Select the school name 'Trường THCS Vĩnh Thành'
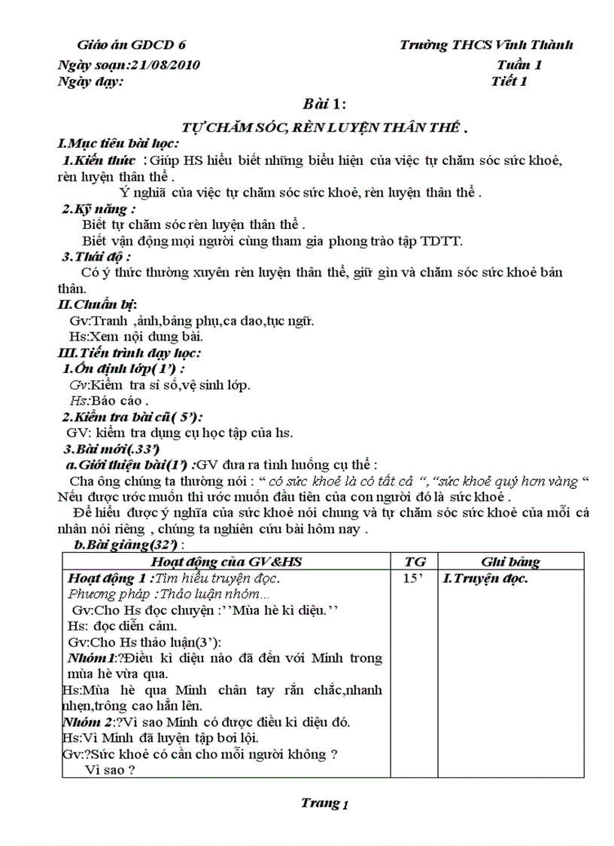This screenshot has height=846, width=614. click(x=486, y=45)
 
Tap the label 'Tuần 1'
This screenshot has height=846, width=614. click(x=519, y=65)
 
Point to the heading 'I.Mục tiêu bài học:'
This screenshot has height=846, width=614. click(x=118, y=144)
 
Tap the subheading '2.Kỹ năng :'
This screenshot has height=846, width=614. click(x=99, y=209)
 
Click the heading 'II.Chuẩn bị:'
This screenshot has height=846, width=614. click(x=97, y=304)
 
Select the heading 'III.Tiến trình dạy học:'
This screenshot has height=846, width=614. click(x=129, y=352)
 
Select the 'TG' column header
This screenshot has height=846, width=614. click(x=415, y=561)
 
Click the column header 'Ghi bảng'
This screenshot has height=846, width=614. click(x=510, y=561)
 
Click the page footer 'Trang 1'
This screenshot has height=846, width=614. click(x=324, y=803)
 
